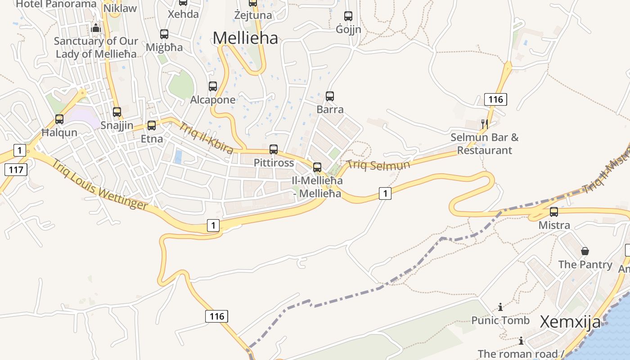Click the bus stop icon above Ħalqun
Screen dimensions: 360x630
point(59,119)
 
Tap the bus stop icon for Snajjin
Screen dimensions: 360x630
point(117,112)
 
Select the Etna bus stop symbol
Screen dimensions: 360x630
point(152,125)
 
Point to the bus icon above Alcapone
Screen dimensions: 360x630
point(213,86)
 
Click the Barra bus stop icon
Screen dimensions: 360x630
point(330,96)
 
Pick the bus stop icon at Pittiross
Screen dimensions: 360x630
point(274,149)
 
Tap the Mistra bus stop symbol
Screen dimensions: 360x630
point(554,211)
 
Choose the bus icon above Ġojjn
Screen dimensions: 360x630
point(348,16)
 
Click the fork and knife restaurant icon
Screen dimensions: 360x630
point(485,124)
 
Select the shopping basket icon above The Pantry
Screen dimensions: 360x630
point(585,251)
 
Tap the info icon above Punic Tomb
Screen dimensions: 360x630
point(500,307)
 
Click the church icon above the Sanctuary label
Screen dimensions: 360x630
point(96,28)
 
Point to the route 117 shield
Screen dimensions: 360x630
point(16,170)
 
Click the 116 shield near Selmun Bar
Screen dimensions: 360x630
point(495,99)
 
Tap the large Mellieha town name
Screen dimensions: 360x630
point(245,38)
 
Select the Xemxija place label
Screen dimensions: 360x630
point(570,322)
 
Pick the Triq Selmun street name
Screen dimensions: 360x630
point(378,165)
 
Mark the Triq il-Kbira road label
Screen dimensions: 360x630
point(206,137)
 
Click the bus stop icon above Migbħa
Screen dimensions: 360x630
point(164,34)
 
